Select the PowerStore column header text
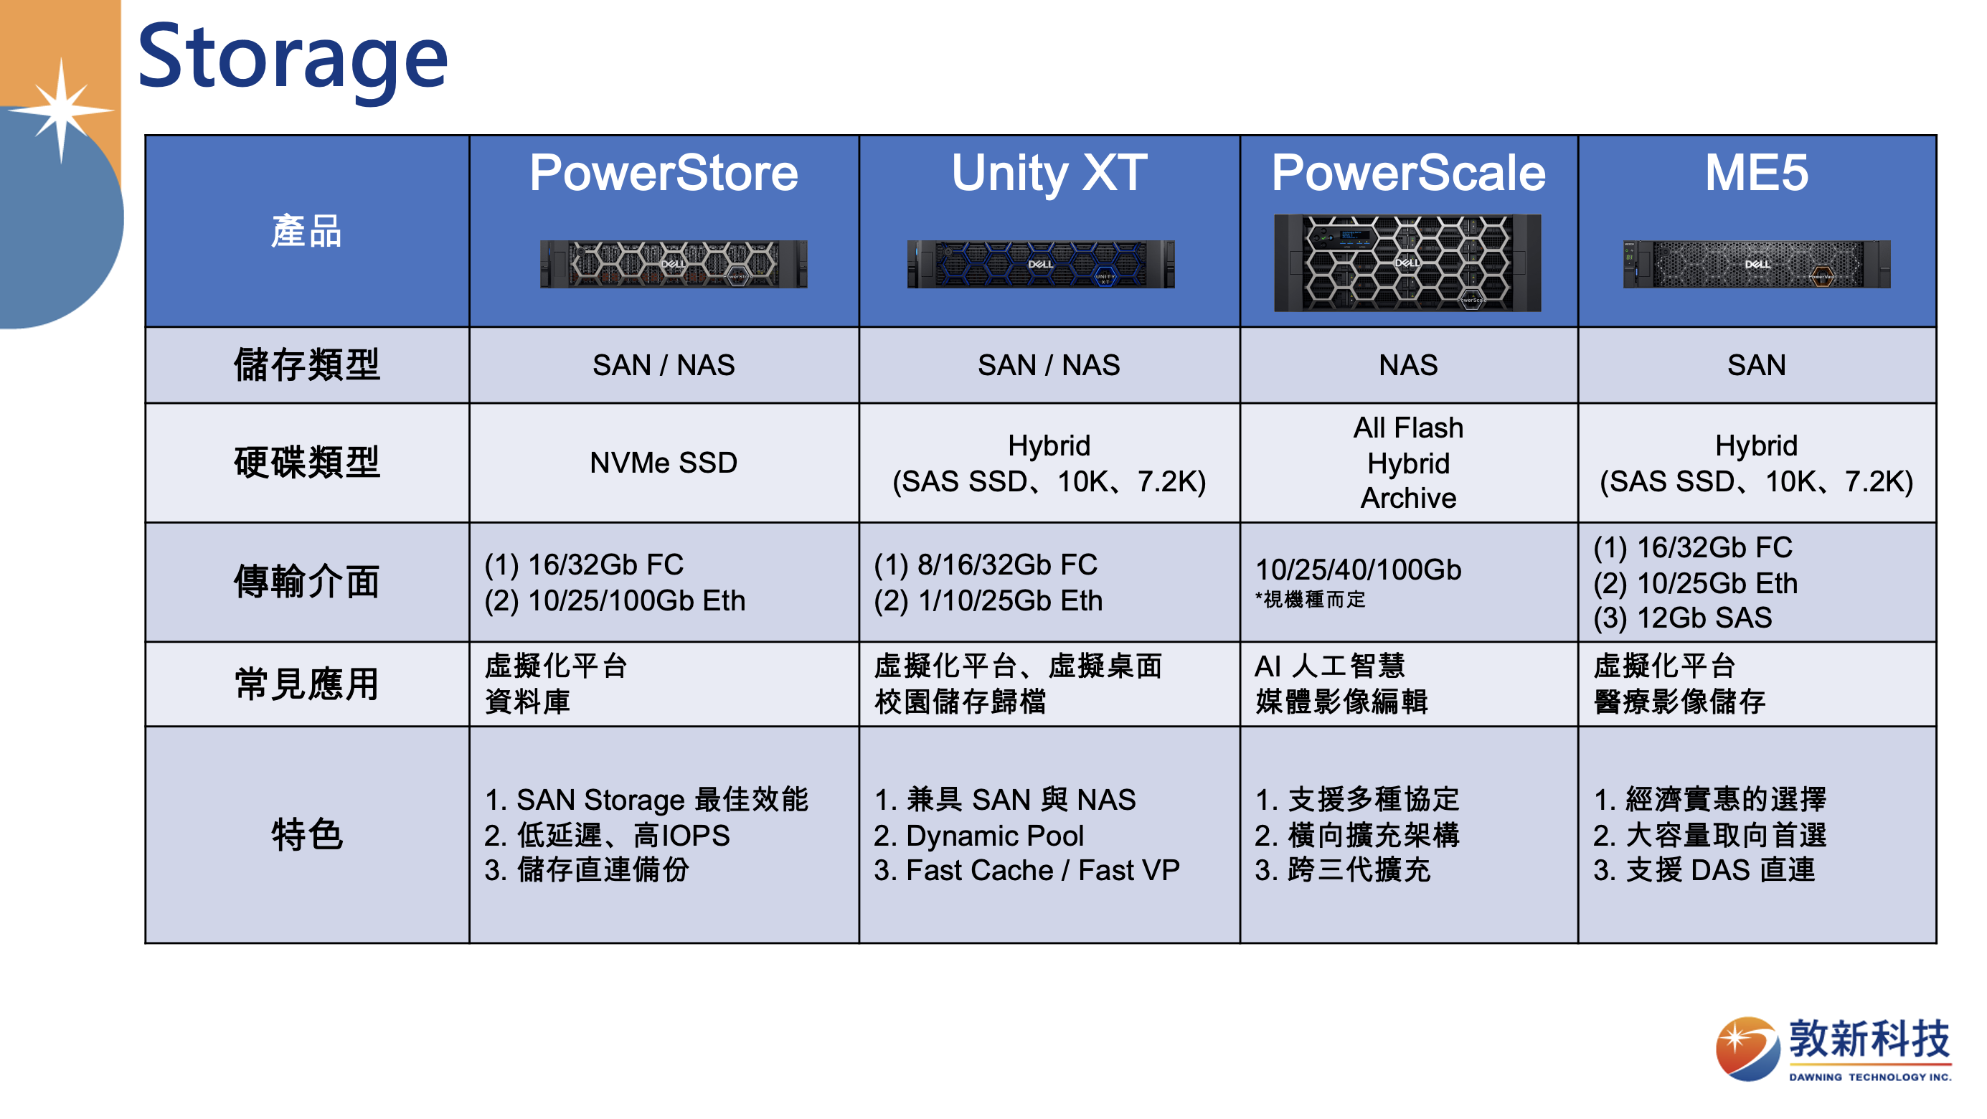click(664, 173)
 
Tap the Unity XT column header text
click(1049, 173)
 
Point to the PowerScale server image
click(1407, 263)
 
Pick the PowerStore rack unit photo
click(674, 264)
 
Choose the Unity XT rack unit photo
click(1041, 264)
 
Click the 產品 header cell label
click(306, 232)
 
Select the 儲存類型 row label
click(307, 365)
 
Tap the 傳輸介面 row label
click(307, 582)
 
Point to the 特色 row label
click(307, 834)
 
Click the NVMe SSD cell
click(664, 463)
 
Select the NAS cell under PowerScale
click(1409, 365)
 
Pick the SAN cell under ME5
click(1756, 365)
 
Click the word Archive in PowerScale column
click(1409, 499)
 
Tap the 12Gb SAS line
click(1682, 618)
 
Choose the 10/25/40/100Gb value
click(1359, 570)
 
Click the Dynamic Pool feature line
click(979, 835)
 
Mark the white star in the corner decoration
click(62, 110)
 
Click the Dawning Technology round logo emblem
click(1747, 1048)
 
